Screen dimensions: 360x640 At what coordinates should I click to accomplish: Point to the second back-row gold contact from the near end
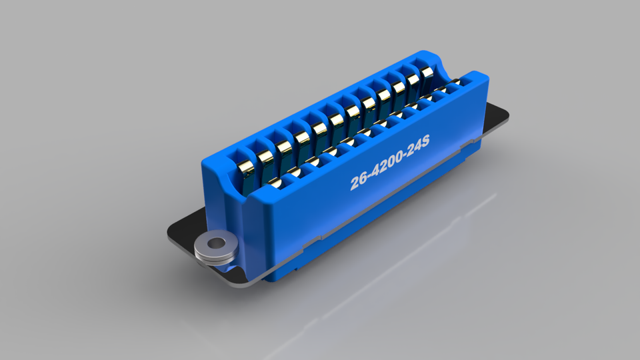coord(265,156)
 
